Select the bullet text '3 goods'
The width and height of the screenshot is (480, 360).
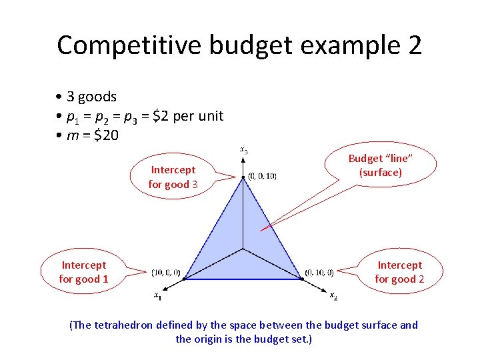[91, 97]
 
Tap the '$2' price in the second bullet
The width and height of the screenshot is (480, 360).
[161, 116]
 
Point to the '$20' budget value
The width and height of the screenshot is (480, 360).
[106, 135]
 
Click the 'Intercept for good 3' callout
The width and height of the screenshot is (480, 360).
[172, 177]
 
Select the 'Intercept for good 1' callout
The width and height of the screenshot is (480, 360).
[83, 272]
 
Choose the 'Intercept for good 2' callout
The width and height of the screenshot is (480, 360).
[399, 272]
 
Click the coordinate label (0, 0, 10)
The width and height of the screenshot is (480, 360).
[262, 176]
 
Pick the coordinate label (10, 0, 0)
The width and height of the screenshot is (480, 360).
[166, 272]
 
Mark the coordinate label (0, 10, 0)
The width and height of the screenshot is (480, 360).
[319, 272]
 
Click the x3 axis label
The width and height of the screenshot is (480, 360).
[244, 150]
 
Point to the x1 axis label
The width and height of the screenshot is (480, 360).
[157, 296]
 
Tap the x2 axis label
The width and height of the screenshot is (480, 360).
[333, 295]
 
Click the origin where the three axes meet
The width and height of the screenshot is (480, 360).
[243, 249]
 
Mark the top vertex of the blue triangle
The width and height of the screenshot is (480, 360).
[243, 177]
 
